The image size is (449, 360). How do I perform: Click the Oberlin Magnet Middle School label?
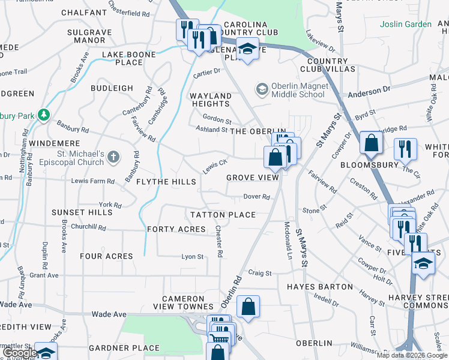[298, 90]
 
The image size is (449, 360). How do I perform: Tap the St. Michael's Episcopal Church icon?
[114, 158]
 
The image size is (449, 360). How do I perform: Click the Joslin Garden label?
[405, 24]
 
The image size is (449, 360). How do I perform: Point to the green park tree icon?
[43, 115]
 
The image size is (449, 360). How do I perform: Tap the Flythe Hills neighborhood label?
[166, 182]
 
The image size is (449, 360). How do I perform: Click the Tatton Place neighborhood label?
[223, 215]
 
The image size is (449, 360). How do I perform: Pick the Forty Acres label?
[176, 229]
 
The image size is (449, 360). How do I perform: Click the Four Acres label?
[106, 256]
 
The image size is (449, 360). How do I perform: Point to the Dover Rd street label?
[257, 197]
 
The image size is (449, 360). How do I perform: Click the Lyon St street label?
[193, 257]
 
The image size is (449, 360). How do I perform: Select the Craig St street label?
[260, 273]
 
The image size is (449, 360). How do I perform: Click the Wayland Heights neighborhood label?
[210, 100]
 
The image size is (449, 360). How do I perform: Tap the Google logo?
[19, 353]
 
